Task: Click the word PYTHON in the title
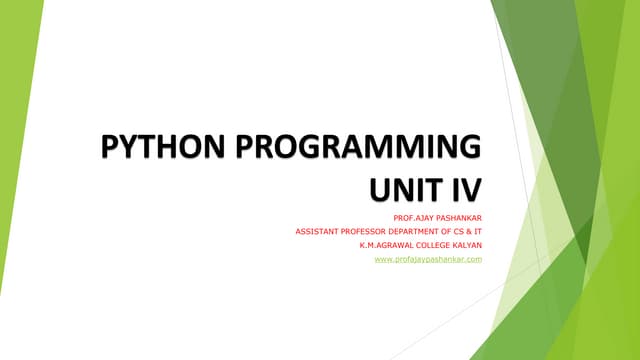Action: tap(158, 150)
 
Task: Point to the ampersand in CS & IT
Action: tap(470, 231)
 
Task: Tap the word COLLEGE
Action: tap(435, 245)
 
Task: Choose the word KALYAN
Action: tap(469, 245)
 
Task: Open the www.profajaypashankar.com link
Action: tap(428, 260)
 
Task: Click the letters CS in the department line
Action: tap(459, 231)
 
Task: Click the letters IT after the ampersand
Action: tap(479, 231)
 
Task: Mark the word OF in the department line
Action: tap(445, 231)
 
